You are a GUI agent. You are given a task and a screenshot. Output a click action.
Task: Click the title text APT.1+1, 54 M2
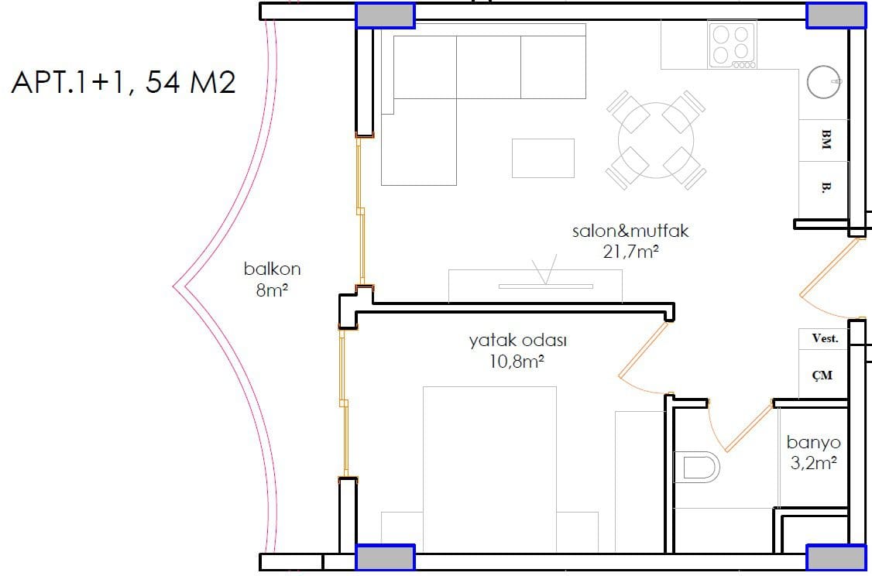click(123, 82)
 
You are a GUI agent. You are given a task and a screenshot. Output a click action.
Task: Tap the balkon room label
click(272, 269)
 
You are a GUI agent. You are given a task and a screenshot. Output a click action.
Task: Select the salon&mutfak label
click(630, 231)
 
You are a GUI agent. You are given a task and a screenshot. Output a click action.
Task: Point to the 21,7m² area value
click(630, 252)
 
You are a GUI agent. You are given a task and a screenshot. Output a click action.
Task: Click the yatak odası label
click(518, 341)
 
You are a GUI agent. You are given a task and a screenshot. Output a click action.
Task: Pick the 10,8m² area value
click(516, 362)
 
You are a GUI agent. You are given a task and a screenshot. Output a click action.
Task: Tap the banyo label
click(814, 443)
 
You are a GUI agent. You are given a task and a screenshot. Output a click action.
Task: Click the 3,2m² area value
click(814, 462)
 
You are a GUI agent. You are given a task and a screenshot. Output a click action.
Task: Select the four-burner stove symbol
click(733, 45)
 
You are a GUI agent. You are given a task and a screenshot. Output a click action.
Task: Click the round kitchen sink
click(824, 82)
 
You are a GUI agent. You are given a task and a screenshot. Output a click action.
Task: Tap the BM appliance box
click(824, 140)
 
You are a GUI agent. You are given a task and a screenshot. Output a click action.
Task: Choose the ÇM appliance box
click(823, 374)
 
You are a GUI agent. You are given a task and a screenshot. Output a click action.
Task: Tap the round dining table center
click(656, 140)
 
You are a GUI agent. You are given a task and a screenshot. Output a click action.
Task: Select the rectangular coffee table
click(543, 159)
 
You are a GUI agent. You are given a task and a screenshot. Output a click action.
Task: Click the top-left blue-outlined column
click(386, 15)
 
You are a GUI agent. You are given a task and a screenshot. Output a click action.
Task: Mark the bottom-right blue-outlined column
click(836, 557)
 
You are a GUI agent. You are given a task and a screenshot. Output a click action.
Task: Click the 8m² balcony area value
click(271, 290)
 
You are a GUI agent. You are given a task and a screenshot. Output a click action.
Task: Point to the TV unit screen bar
click(545, 286)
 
